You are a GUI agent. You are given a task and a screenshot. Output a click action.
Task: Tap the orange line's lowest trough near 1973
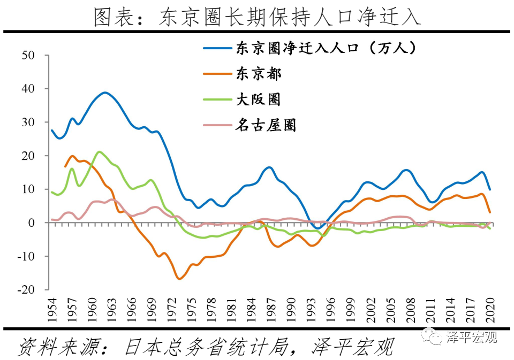[x=179, y=279]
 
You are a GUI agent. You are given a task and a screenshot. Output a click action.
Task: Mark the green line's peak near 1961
[x=99, y=152]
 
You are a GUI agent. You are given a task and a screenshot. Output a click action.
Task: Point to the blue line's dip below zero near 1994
[x=318, y=228]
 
